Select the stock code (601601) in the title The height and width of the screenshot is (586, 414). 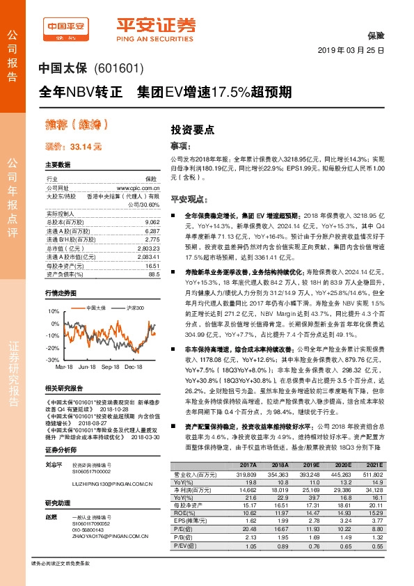pos(122,69)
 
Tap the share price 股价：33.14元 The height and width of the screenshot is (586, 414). pos(73,148)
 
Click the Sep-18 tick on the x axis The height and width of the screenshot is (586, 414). pos(111,365)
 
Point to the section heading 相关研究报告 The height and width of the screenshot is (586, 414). pos(63,388)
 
